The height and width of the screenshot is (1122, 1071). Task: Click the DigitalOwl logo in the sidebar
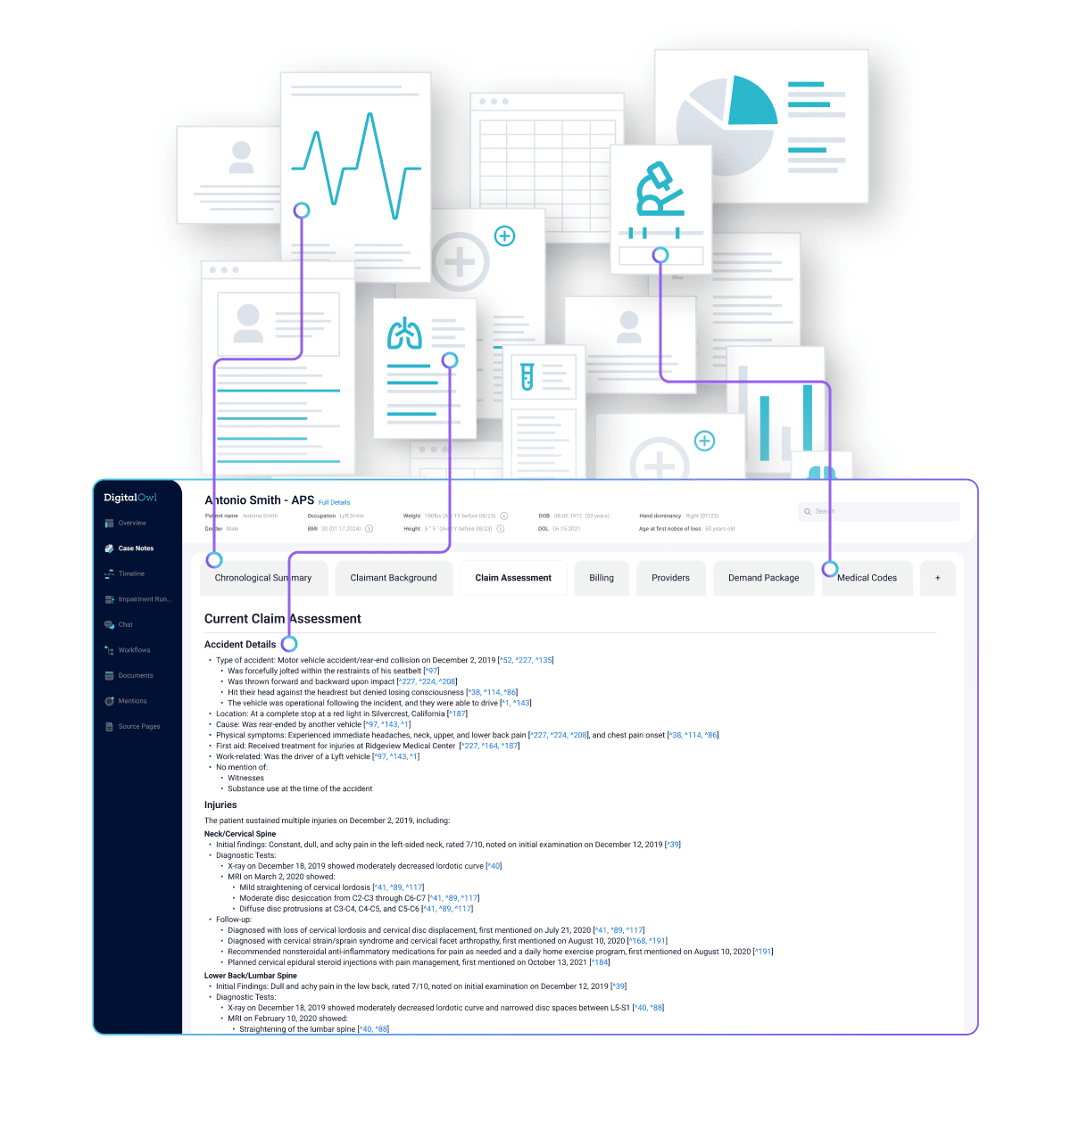pyautogui.click(x=130, y=498)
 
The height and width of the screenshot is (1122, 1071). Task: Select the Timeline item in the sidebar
pyautogui.click(x=131, y=573)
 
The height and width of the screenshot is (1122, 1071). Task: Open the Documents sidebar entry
pyautogui.click(x=136, y=675)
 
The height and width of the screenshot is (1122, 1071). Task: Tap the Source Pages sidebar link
pyautogui.click(x=139, y=726)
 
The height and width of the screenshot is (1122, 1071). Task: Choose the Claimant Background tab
pyautogui.click(x=394, y=578)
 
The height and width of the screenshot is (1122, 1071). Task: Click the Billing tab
pyautogui.click(x=602, y=578)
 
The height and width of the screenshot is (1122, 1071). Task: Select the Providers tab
pyautogui.click(x=670, y=578)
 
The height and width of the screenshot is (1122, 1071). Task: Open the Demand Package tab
pyautogui.click(x=764, y=578)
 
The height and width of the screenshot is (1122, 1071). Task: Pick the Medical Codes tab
pyautogui.click(x=867, y=578)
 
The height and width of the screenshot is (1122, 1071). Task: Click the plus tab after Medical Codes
pyautogui.click(x=937, y=578)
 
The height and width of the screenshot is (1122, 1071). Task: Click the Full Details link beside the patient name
pyautogui.click(x=335, y=502)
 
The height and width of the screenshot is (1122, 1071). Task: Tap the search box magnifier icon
pyautogui.click(x=808, y=511)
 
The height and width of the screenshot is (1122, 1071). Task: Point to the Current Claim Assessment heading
pyautogui.click(x=283, y=619)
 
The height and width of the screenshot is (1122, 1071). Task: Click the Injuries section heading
pyautogui.click(x=220, y=804)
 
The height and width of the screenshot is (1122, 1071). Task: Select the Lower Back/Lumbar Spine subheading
pyautogui.click(x=251, y=976)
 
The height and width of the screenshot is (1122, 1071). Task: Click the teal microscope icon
pyautogui.click(x=659, y=189)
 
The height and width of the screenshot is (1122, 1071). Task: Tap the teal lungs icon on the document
pyautogui.click(x=404, y=334)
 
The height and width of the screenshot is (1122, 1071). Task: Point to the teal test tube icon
pyautogui.click(x=527, y=376)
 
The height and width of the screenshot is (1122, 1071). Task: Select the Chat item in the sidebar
pyautogui.click(x=126, y=624)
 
